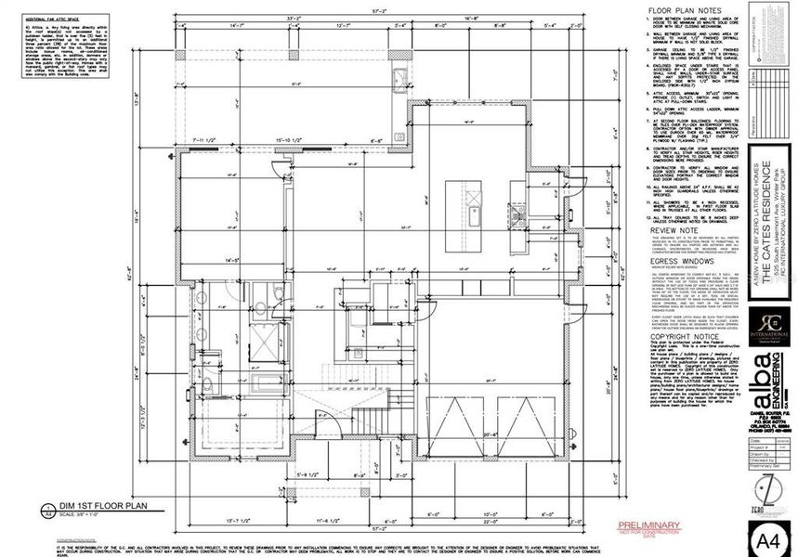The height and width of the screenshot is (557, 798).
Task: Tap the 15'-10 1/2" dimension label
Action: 291,141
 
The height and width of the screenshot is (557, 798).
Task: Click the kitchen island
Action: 471,203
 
